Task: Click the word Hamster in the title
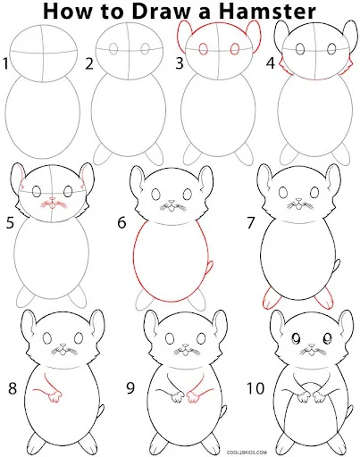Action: [267, 12]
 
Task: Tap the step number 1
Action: [5, 64]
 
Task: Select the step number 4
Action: [270, 63]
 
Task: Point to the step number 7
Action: [250, 223]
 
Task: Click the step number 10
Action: [255, 388]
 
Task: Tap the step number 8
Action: [13, 388]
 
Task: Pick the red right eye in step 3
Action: [235, 49]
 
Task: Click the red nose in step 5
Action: [53, 198]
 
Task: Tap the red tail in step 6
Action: [210, 267]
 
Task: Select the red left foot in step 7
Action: [272, 298]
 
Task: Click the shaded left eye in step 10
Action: [297, 338]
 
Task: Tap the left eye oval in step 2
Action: [113, 49]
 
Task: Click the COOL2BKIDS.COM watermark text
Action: [247, 453]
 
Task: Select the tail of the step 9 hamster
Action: [223, 411]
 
